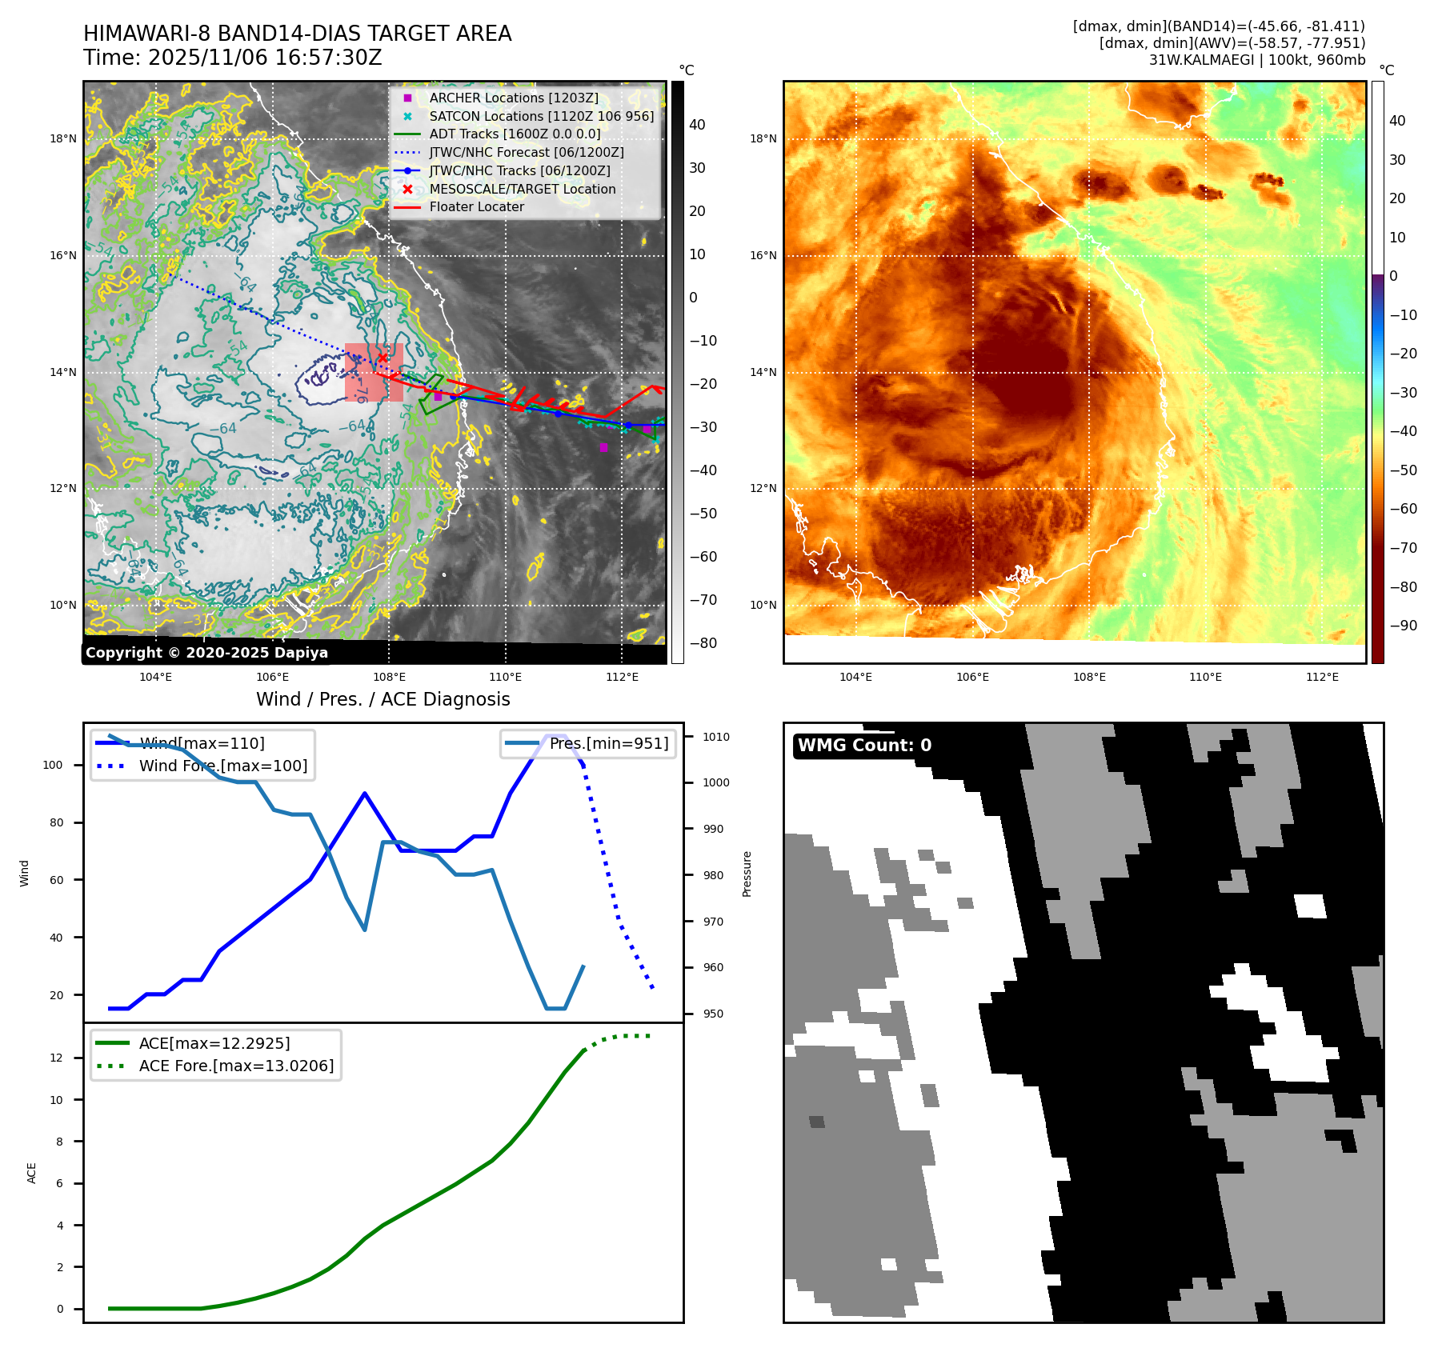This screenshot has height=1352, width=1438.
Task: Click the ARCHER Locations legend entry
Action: (513, 98)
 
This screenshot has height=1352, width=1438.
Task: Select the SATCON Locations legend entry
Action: (541, 116)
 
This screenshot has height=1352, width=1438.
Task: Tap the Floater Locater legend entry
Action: (476, 206)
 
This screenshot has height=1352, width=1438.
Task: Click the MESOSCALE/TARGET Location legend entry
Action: (522, 189)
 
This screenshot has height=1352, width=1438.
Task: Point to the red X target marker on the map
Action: (383, 358)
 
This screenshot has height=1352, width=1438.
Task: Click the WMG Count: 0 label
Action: (864, 746)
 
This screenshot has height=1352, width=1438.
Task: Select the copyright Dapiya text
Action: (206, 653)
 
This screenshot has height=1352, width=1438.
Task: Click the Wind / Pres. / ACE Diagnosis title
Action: (383, 699)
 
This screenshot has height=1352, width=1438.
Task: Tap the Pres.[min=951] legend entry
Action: (608, 743)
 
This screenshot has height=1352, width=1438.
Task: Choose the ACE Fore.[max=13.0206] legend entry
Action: (236, 1066)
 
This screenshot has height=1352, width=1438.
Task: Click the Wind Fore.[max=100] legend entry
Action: (222, 766)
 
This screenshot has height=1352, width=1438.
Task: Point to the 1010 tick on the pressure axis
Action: (716, 737)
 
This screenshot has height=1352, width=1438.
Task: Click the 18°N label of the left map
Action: (63, 138)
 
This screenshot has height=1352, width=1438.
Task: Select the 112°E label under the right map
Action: (1322, 677)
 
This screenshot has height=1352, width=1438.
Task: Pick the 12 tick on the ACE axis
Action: (56, 1058)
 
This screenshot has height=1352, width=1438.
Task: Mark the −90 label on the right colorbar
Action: (1403, 626)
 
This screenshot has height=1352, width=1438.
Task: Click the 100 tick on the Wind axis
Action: (52, 765)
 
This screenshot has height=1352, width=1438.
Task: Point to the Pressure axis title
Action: (747, 874)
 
